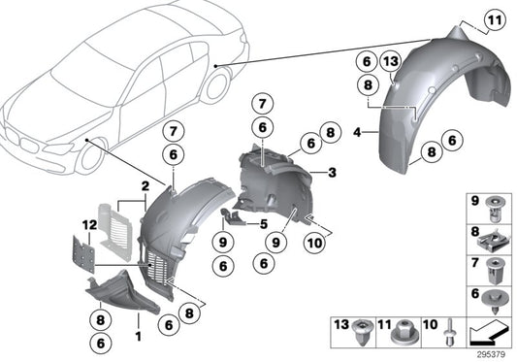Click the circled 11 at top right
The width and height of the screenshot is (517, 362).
point(495,19)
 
